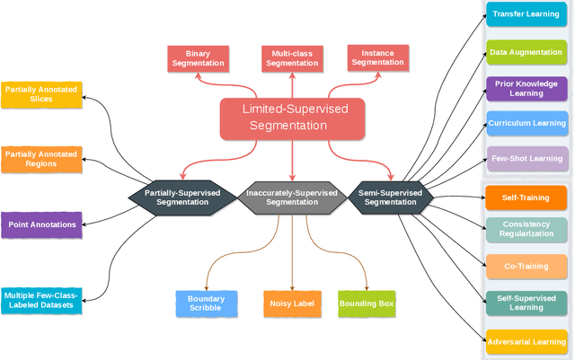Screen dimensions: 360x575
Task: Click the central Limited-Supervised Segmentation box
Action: click(x=292, y=119)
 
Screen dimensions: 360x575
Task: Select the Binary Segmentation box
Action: click(x=197, y=58)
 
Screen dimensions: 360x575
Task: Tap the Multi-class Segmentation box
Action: click(x=291, y=58)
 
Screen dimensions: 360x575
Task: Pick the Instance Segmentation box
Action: click(x=377, y=58)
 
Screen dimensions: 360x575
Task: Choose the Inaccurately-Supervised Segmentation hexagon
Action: click(x=292, y=197)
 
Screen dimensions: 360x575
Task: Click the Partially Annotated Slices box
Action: click(x=40, y=94)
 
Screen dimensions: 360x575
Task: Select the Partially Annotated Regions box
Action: click(x=40, y=159)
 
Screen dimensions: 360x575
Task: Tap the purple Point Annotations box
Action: click(x=40, y=224)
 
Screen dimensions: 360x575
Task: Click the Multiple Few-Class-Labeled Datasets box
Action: click(x=40, y=300)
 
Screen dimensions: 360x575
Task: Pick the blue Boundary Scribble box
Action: click(x=206, y=303)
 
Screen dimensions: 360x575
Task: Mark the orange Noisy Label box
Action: click(x=292, y=303)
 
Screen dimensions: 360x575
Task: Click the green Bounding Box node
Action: click(x=367, y=303)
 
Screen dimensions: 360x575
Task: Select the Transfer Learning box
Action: click(x=526, y=14)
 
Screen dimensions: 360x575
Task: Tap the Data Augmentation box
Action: click(x=526, y=52)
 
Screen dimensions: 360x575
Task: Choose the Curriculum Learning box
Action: click(x=526, y=123)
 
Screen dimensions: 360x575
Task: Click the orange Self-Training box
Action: click(x=526, y=196)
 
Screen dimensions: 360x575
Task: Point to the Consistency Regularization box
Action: click(x=526, y=229)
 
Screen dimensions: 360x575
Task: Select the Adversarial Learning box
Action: click(x=526, y=341)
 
